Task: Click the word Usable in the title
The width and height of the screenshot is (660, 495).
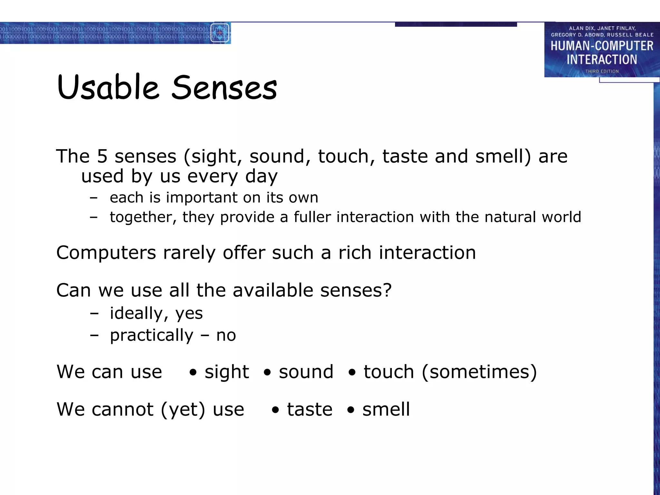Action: [x=108, y=87]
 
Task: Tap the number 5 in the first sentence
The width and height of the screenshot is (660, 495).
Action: [x=102, y=156]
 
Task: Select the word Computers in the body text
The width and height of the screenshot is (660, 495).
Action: [x=106, y=253]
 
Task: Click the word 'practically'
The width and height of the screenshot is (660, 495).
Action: [x=151, y=336]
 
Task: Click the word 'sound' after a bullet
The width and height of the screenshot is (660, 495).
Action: [x=306, y=372]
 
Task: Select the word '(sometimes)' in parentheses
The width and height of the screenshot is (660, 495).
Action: [x=479, y=372]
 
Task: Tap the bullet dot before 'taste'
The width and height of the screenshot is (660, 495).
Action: [x=275, y=410]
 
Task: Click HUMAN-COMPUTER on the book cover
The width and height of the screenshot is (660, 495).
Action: [x=602, y=46]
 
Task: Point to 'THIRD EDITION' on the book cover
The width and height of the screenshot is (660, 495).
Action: [x=602, y=71]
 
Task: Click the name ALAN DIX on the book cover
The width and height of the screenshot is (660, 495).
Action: [x=581, y=28]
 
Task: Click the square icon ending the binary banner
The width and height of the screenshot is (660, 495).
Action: [x=220, y=33]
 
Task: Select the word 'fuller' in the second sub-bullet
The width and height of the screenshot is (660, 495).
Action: [x=312, y=217]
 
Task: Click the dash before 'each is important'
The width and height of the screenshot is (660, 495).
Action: [x=94, y=198]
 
